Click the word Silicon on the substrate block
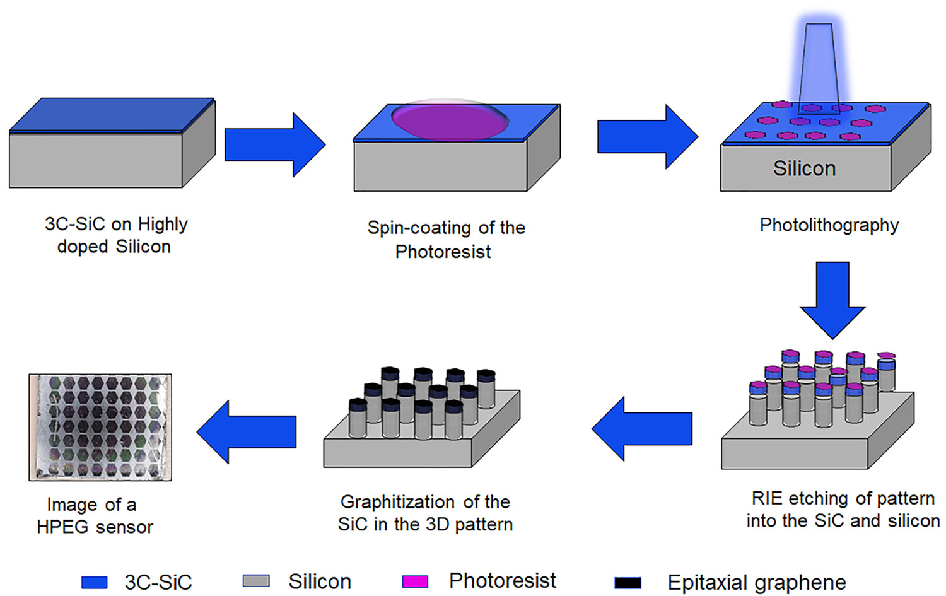tap(804, 168)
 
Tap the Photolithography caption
tap(829, 225)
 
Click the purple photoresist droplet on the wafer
tap(449, 120)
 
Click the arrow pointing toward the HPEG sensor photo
tap(247, 432)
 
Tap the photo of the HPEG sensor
tap(100, 427)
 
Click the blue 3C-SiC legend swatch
tap(94, 582)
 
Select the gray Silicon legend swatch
tap(256, 581)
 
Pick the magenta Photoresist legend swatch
tap(415, 581)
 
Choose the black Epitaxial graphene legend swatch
tap(628, 583)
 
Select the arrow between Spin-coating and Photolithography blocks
tap(646, 137)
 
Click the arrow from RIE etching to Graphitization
tap(642, 429)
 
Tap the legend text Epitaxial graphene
tap(756, 583)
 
